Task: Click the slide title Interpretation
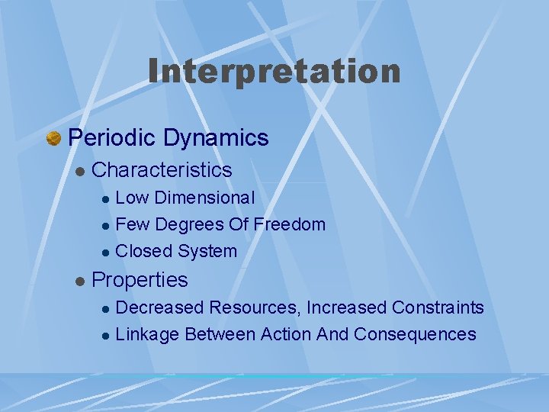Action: (274, 72)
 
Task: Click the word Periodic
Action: (112, 138)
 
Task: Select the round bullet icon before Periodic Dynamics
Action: (53, 139)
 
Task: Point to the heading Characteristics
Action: (161, 169)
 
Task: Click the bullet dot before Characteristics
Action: (79, 170)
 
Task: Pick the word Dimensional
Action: (204, 198)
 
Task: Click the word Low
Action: (132, 198)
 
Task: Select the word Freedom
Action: (289, 224)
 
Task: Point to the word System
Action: (207, 251)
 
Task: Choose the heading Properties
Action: (139, 280)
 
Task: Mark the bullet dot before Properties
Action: (79, 282)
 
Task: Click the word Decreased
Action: (160, 307)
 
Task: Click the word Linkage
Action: (147, 334)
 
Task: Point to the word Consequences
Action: (415, 334)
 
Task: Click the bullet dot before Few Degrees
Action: (106, 226)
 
